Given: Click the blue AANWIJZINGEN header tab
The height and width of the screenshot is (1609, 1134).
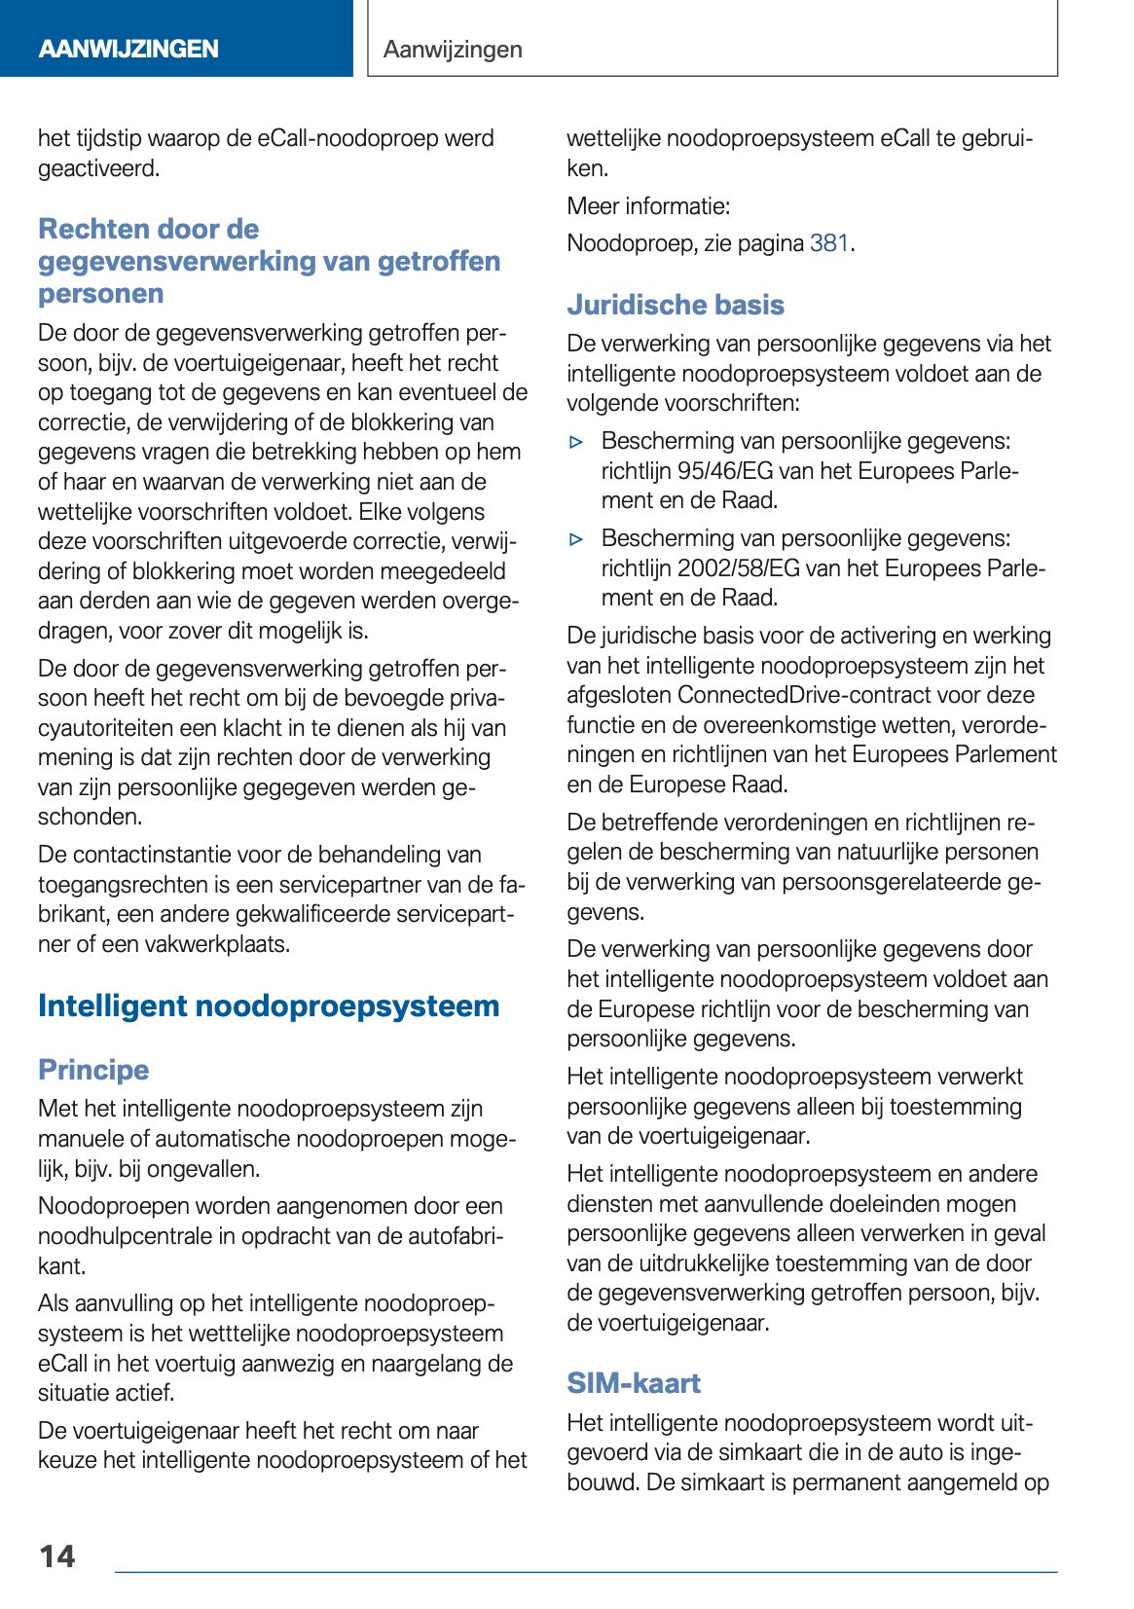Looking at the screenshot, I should pyautogui.click(x=128, y=49).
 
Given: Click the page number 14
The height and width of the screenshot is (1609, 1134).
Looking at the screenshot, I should pyautogui.click(x=56, y=1555).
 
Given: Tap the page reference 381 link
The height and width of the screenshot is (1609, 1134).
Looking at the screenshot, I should pyautogui.click(x=829, y=243).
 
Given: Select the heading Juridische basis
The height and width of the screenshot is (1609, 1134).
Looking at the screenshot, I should pyautogui.click(x=675, y=305).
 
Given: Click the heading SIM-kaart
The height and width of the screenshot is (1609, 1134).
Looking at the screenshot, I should pyautogui.click(x=634, y=1383).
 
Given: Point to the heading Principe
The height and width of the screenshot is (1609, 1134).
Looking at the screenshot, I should pyautogui.click(x=93, y=1070).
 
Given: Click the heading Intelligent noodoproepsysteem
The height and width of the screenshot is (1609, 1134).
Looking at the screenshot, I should pyautogui.click(x=269, y=1006).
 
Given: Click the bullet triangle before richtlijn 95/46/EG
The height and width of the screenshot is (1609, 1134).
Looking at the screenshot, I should pyautogui.click(x=577, y=442).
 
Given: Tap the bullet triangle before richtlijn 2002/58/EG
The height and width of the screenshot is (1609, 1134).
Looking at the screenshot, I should pyautogui.click(x=577, y=539).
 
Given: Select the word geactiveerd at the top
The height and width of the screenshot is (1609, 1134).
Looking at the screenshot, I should pyautogui.click(x=97, y=168).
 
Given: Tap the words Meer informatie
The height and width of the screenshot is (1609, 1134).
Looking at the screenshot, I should pyautogui.click(x=648, y=206).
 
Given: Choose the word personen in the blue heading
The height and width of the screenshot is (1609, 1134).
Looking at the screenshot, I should pyautogui.click(x=100, y=293).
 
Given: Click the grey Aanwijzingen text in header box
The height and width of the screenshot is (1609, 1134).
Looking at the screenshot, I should pyautogui.click(x=453, y=49).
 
